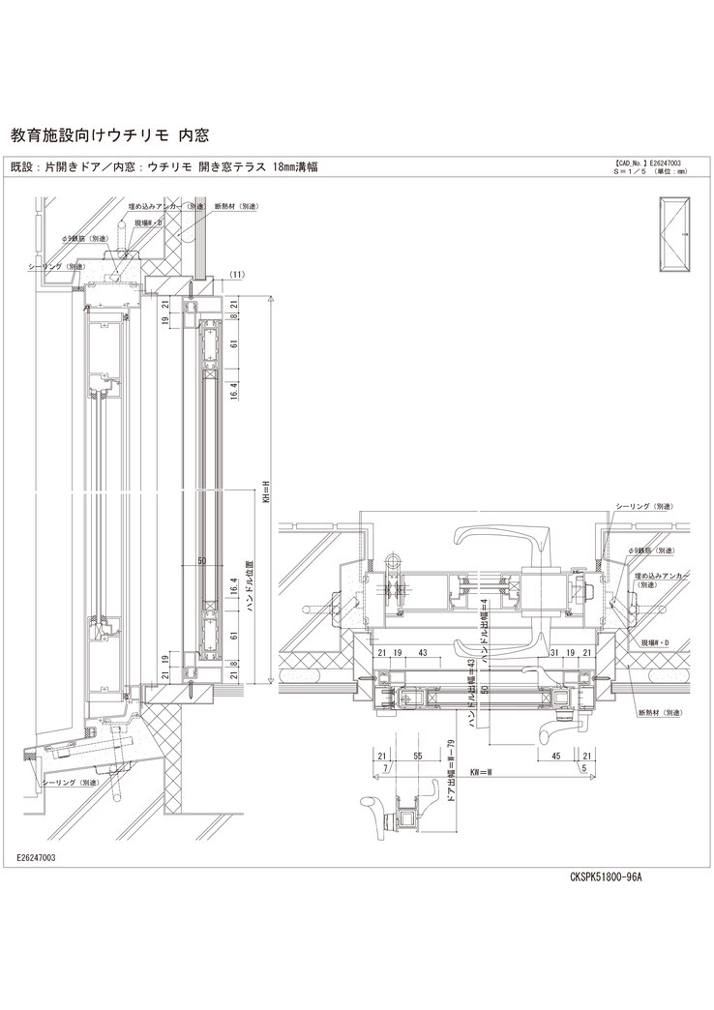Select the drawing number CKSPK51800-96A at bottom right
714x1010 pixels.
coord(606,877)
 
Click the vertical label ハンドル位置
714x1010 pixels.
coord(249,579)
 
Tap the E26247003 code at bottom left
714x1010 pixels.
coord(36,858)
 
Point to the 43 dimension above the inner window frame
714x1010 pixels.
coord(423,653)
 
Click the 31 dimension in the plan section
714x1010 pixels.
coord(552,653)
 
